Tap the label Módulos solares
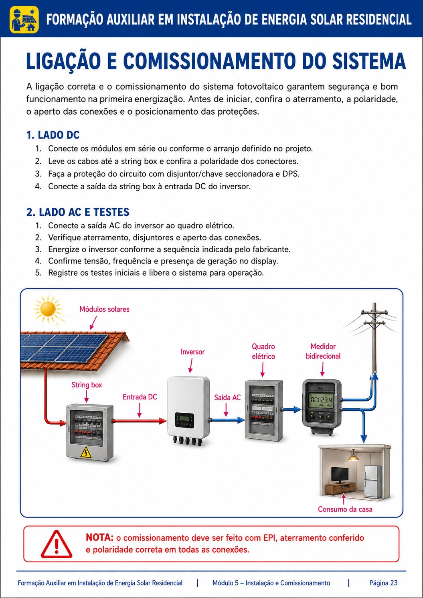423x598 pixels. point(104,309)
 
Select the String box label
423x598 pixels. point(87,385)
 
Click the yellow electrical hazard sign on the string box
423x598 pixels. point(86,452)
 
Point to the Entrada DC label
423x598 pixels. point(140,397)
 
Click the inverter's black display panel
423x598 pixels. point(184,420)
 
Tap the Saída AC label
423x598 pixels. point(227,397)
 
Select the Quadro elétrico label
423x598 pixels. point(263,351)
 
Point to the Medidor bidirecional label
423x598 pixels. point(323,351)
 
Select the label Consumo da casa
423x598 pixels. point(345,509)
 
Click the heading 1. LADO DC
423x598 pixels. point(53,135)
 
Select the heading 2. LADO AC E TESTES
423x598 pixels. point(78,212)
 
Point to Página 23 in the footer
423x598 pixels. point(383,583)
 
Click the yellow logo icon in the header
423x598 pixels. point(24,19)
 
